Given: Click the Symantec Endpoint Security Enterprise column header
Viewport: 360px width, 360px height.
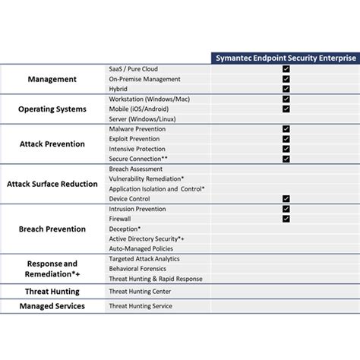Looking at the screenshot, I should [x=286, y=58].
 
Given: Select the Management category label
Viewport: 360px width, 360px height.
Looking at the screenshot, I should [x=52, y=79].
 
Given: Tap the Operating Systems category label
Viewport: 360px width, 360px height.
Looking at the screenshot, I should [x=52, y=109].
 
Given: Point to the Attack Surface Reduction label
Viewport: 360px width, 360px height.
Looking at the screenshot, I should [x=52, y=183].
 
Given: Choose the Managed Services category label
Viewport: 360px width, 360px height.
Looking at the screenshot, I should [x=52, y=306].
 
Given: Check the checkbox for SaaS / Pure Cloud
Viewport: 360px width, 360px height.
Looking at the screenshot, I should [x=286, y=69].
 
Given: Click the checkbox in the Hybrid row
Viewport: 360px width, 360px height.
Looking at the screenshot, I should [x=286, y=89].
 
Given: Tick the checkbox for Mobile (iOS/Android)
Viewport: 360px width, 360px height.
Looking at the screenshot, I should [x=286, y=109].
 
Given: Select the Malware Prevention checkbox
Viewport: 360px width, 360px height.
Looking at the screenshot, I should [x=286, y=129].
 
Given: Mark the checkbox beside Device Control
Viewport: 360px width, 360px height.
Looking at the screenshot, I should [x=286, y=198].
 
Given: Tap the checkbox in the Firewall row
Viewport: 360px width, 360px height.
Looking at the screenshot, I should [x=286, y=219].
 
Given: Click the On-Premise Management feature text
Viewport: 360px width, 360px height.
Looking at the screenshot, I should [x=145, y=79].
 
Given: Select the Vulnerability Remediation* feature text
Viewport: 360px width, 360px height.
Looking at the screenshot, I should [x=147, y=178].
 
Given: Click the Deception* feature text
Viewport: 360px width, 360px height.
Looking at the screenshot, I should [x=125, y=229].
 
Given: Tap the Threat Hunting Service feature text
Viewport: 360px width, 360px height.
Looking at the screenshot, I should [x=141, y=306].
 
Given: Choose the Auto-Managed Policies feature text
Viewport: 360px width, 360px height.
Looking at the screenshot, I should [x=141, y=248].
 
